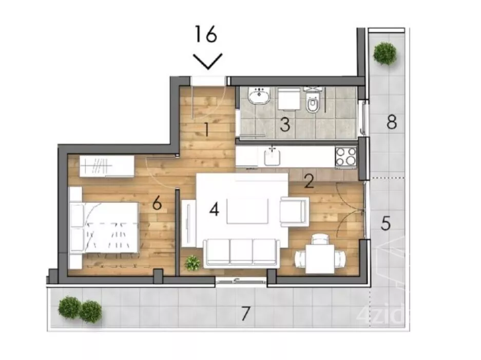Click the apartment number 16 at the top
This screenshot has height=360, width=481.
pyautogui.click(x=206, y=34)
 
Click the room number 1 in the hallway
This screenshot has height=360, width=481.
pyautogui.click(x=207, y=129)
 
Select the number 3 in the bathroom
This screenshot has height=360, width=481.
pyautogui.click(x=285, y=125)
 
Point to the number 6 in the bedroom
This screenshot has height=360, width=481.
pyautogui.click(x=157, y=203)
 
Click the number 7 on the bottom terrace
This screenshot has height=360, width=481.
pyautogui.click(x=245, y=313)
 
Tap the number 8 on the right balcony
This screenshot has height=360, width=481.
pyautogui.click(x=392, y=122)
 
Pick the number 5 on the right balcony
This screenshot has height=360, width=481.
pyautogui.click(x=386, y=223)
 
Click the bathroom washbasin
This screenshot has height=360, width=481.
pyautogui.click(x=260, y=96)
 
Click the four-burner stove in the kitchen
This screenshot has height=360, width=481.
pyautogui.click(x=346, y=157)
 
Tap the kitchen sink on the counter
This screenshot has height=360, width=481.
pyautogui.click(x=273, y=157)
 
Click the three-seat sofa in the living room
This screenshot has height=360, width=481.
pyautogui.click(x=241, y=252)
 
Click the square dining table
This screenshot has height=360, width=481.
pyautogui.click(x=320, y=259)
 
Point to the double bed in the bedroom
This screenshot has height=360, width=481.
pyautogui.click(x=104, y=228)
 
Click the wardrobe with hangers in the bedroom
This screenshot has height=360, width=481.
pyautogui.click(x=107, y=166)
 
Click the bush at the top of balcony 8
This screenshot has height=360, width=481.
pyautogui.click(x=384, y=53)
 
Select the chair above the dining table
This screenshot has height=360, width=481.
pyautogui.click(x=320, y=239)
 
